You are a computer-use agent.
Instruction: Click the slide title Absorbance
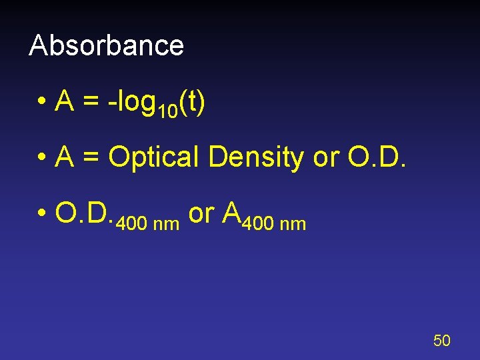tap(107, 45)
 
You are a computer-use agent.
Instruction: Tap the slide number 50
tap(441, 341)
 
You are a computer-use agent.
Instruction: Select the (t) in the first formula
tap(192, 103)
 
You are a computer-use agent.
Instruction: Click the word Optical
tap(154, 158)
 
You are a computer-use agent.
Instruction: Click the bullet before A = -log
tap(41, 103)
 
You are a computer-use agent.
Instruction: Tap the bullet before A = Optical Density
tap(41, 158)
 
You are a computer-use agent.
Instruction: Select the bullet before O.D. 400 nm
tap(41, 213)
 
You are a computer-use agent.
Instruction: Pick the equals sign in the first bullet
tap(91, 103)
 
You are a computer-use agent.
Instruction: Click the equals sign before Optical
tap(91, 158)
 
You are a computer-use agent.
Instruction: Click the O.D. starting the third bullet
tap(84, 213)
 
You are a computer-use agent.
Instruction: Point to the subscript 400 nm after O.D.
tap(147, 224)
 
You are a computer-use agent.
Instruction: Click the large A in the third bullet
tap(232, 213)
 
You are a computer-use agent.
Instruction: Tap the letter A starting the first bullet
tap(65, 103)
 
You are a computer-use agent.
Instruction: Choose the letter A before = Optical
tap(65, 157)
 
